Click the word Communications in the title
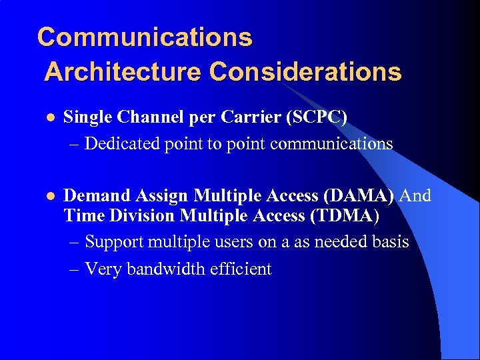coord(145,37)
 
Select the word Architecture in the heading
coord(123,71)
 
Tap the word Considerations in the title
coord(305,71)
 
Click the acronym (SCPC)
coord(316,117)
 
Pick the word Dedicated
coord(122,143)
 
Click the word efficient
coord(242,269)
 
